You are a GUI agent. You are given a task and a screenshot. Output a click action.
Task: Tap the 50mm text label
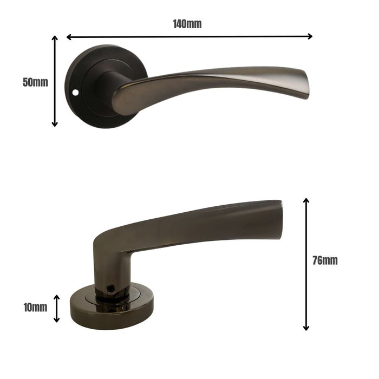click(35, 82)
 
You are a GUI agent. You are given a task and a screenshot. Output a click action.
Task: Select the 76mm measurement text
click(325, 260)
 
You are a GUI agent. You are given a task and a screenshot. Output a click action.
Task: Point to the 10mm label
click(35, 308)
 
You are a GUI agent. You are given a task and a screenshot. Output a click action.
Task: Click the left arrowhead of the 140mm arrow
click(69, 37)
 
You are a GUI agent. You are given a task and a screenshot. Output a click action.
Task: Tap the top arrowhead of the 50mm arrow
click(55, 38)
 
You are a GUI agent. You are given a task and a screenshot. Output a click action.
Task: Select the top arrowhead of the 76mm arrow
click(306, 201)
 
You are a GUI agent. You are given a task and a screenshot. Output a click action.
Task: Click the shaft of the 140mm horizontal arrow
click(190, 37)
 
